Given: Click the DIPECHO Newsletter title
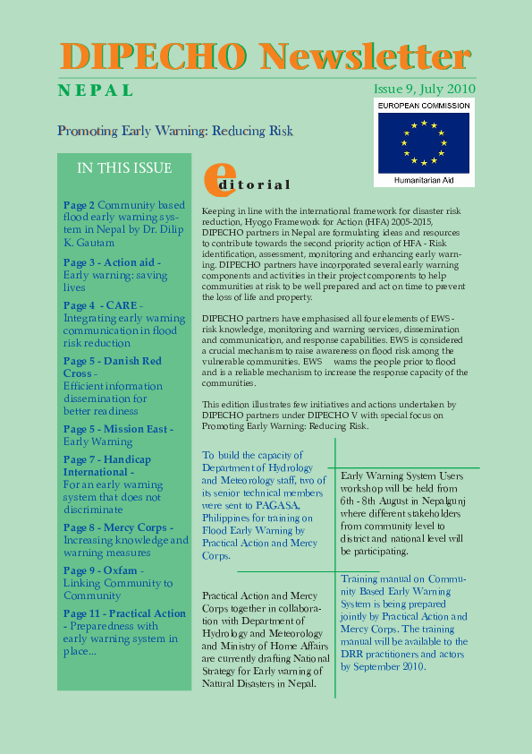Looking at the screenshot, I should pyautogui.click(x=266, y=56).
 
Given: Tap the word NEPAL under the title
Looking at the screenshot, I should pyautogui.click(x=96, y=90).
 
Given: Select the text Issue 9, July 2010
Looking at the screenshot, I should pyautogui.click(x=424, y=90).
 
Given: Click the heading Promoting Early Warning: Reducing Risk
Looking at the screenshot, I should pyautogui.click(x=175, y=131).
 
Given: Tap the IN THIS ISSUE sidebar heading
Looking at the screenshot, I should pyautogui.click(x=124, y=168).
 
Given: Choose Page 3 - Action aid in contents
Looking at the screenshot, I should pyautogui.click(x=112, y=262).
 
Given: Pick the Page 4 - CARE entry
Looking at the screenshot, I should pyautogui.click(x=102, y=305).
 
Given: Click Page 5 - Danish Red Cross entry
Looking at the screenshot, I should pyautogui.click(x=113, y=361).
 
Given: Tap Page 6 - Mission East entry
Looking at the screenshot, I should pyautogui.click(x=118, y=429).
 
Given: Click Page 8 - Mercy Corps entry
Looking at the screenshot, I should pyautogui.click(x=114, y=527).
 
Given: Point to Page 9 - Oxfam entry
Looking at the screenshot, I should pyautogui.click(x=99, y=570).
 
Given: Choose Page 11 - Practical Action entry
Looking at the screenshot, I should pyautogui.click(x=124, y=613).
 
